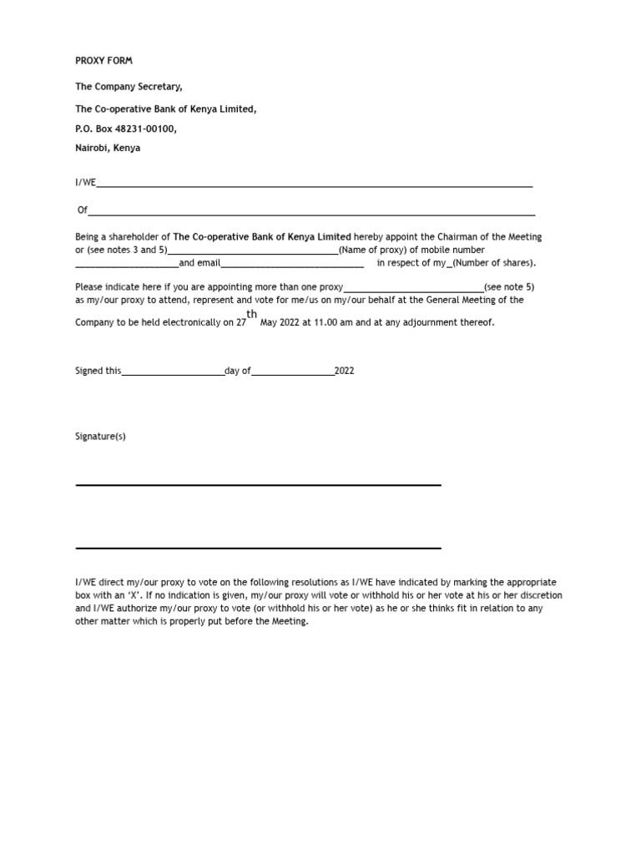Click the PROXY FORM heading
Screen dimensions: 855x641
coord(103,61)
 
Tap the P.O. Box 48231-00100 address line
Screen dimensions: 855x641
coord(126,129)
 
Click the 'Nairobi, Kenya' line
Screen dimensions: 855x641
coord(109,149)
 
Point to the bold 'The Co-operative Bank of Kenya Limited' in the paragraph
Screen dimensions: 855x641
coord(262,237)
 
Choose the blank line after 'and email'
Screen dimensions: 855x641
coord(292,266)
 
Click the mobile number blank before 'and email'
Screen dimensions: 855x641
coord(127,266)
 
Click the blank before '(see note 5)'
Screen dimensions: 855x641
coord(413,289)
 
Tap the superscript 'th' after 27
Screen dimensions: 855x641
coord(252,314)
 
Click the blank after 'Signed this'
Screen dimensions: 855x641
coord(173,373)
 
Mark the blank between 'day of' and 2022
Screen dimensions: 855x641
coord(292,373)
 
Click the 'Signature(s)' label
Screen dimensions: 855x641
coord(100,437)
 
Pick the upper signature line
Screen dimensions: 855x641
coord(258,484)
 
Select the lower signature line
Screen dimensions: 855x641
coord(258,549)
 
